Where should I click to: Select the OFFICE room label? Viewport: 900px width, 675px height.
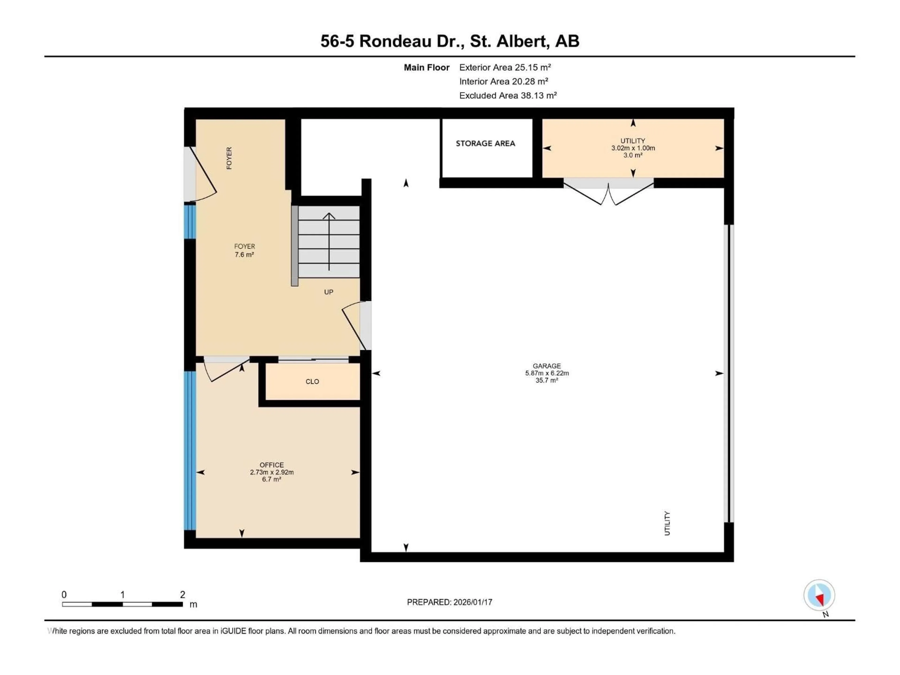[x=272, y=465]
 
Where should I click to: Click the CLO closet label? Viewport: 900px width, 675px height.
[x=312, y=382]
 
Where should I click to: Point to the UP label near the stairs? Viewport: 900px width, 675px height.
[x=328, y=292]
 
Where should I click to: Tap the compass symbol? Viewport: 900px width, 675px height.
[x=819, y=595]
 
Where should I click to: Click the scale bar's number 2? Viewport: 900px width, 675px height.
[x=182, y=594]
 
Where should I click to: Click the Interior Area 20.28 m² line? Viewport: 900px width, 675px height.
[x=503, y=81]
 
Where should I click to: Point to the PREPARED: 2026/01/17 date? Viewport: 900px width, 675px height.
[x=450, y=602]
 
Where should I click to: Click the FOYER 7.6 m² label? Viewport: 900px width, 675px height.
[x=244, y=250]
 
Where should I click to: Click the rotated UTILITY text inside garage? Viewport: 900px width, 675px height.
[x=667, y=523]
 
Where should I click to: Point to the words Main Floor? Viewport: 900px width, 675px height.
[x=426, y=67]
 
